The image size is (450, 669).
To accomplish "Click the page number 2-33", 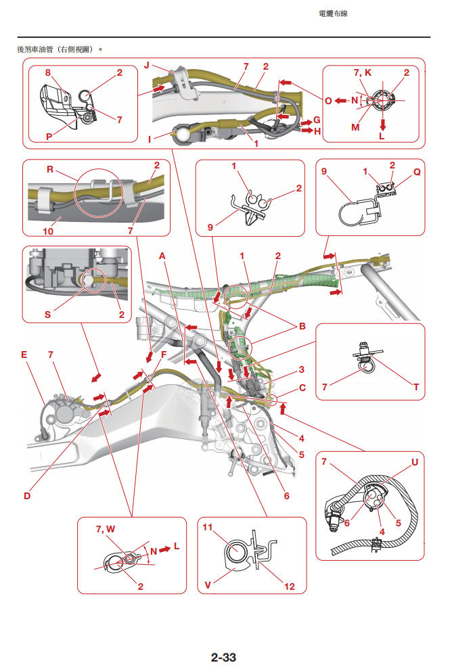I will click(x=223, y=657).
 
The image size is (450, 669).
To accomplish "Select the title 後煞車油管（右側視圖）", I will click(x=60, y=49).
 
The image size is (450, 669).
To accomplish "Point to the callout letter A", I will click(x=162, y=256).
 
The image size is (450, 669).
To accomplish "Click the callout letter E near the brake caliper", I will click(x=24, y=354).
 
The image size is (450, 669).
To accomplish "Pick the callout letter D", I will click(x=27, y=496).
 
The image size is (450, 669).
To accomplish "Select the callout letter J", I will click(x=146, y=66).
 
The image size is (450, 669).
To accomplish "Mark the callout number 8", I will click(x=48, y=72).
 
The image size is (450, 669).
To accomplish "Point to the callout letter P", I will click(x=49, y=135).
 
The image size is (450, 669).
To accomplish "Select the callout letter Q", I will click(x=417, y=172).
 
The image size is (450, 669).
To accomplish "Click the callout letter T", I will click(x=415, y=386).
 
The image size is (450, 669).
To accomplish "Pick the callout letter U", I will click(x=414, y=463).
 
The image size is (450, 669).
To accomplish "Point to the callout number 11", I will click(x=208, y=527).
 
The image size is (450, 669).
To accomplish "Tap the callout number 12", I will click(x=289, y=586).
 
